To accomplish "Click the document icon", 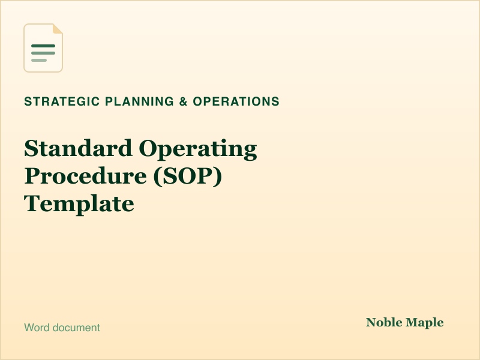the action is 43,48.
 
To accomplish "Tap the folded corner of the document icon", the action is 58,28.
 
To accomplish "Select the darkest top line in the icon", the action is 43,46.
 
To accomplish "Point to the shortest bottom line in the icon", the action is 39,61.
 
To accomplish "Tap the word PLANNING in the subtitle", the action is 139,101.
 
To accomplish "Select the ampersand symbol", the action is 184,101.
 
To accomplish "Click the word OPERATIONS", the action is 236,101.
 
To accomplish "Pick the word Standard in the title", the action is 79,148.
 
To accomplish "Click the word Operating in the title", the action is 198,149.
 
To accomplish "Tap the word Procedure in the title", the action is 85,176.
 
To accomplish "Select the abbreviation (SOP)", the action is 188,176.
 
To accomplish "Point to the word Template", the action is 79,204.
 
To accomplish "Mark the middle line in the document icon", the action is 43,53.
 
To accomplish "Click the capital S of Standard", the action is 31,148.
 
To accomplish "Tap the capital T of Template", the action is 32,203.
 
